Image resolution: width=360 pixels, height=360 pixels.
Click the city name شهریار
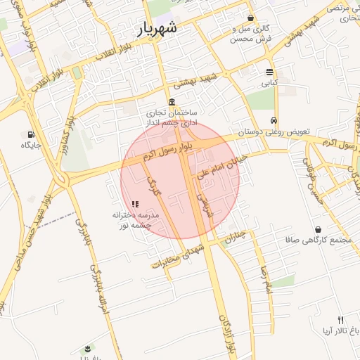pos(156,29)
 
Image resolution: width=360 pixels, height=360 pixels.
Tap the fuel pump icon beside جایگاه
pos(30,134)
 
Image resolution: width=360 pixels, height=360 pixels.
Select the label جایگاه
pos(32,146)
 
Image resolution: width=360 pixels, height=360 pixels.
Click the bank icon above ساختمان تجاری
pos(172,102)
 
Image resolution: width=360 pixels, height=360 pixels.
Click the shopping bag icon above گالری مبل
pos(250,18)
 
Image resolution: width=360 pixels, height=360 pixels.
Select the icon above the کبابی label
pos(270,72)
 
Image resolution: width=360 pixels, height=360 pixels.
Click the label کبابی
pos(270,83)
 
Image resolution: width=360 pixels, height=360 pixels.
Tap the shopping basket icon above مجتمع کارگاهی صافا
pos(319,229)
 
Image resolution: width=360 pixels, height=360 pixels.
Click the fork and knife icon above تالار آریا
pos(340,319)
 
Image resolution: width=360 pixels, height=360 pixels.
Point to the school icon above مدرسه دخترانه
pos(135,203)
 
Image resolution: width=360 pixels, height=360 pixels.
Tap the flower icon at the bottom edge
pos(87,349)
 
